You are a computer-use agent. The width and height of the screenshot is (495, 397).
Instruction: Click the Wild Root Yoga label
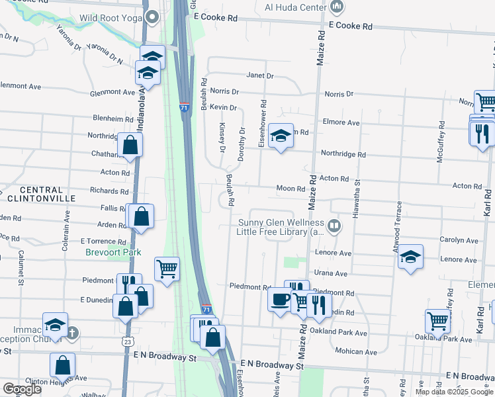tap(111, 18)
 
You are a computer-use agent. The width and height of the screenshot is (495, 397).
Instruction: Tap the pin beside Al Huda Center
tap(336, 7)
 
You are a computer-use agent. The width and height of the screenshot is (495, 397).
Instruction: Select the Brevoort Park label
tap(113, 252)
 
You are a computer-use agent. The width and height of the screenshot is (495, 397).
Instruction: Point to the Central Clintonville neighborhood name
tap(36, 193)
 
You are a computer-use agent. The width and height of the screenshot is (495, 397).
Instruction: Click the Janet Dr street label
tap(260, 75)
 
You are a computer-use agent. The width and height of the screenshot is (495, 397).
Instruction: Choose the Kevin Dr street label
tap(224, 107)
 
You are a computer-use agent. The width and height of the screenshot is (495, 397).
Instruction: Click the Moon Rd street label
tap(290, 189)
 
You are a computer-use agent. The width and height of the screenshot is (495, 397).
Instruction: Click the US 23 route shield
tap(126, 341)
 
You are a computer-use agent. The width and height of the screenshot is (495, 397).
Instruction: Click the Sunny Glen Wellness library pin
tap(335, 226)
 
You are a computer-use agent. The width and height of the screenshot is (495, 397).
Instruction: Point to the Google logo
tap(21, 389)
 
